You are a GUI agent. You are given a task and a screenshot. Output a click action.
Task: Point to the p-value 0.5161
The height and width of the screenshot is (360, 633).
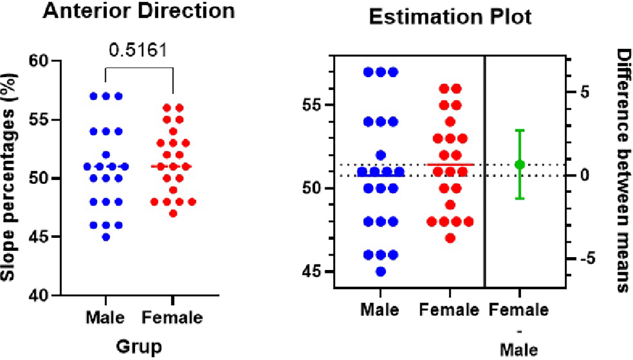tap(139, 51)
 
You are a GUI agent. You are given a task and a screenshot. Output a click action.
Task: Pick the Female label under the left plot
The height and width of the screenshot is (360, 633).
tap(173, 318)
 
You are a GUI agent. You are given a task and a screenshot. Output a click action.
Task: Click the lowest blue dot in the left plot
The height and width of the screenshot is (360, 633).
tap(106, 237)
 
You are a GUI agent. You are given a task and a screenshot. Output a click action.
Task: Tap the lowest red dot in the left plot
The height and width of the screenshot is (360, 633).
tap(173, 214)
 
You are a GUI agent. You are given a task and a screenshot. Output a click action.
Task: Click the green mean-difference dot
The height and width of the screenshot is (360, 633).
tap(519, 164)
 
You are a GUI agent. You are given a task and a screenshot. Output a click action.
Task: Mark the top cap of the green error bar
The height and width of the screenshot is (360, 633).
tap(519, 130)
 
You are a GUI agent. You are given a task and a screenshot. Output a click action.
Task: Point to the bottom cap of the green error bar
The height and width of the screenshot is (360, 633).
tap(519, 199)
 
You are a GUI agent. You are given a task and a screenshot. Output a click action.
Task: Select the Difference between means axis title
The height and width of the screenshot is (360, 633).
tap(622, 171)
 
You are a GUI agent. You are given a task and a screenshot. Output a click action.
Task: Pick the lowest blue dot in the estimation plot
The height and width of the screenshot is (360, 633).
tap(381, 271)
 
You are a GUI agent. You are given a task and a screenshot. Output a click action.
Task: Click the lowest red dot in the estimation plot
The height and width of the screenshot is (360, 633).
tap(450, 238)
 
